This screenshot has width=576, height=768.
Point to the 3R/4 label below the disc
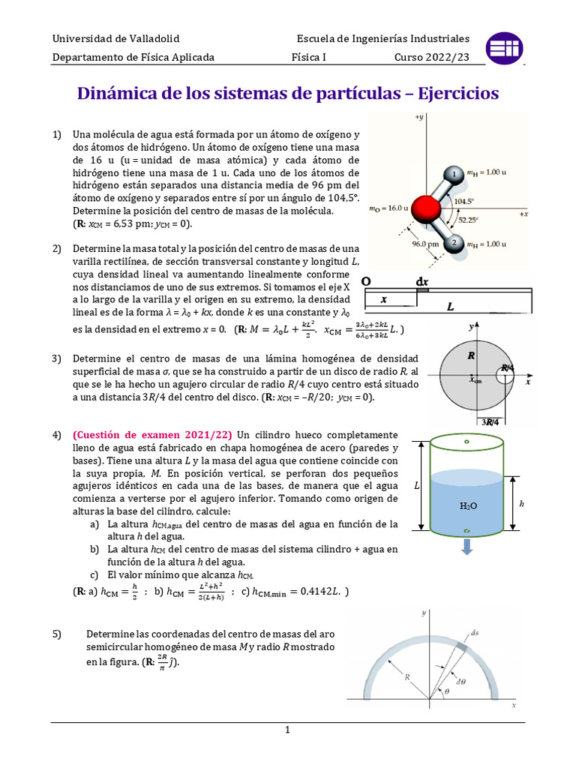493,422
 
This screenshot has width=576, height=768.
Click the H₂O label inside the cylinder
468,506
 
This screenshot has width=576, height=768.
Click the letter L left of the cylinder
416,486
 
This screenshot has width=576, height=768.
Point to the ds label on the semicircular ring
474,632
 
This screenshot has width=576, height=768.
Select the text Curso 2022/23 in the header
432,57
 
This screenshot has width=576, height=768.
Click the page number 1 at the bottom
288,730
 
